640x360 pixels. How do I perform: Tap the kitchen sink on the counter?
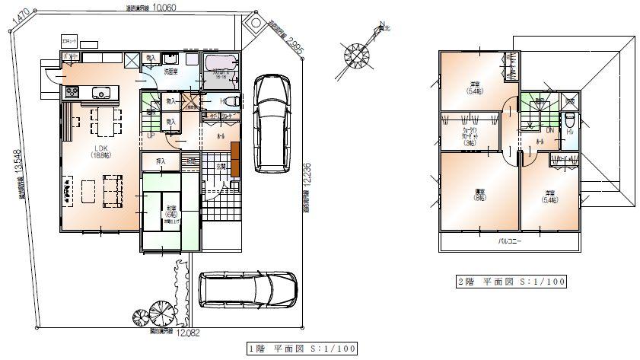tap(100, 93)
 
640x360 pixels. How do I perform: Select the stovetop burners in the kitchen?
tap(72, 92)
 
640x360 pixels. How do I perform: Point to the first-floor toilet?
tap(234, 100)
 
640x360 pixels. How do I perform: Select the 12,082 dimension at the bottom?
tap(187, 333)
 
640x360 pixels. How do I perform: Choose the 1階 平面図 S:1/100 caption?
tap(301, 349)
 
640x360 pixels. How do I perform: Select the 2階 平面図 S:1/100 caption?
tap(511, 281)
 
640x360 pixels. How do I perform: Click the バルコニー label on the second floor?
tap(509, 241)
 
